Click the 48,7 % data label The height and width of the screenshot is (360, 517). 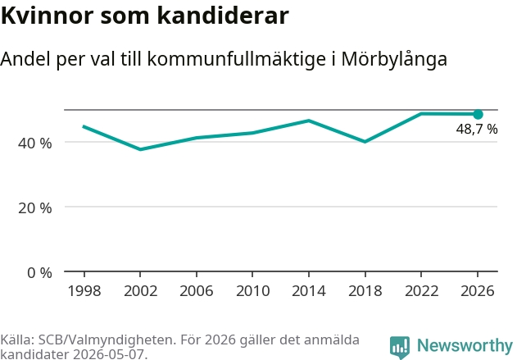pyautogui.click(x=477, y=129)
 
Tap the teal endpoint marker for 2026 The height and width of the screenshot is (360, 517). pyautogui.click(x=478, y=115)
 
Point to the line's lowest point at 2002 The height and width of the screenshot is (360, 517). pyautogui.click(x=140, y=149)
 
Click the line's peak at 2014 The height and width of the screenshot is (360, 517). pyautogui.click(x=309, y=121)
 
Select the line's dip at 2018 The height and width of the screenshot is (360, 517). pyautogui.click(x=365, y=142)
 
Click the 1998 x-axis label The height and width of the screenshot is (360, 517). pyautogui.click(x=84, y=291)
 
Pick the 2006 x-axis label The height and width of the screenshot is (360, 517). pyautogui.click(x=197, y=291)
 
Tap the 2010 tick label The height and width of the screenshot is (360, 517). pyautogui.click(x=253, y=291)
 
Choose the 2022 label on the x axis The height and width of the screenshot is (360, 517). pyautogui.click(x=421, y=291)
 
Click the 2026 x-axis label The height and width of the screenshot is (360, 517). pyautogui.click(x=478, y=291)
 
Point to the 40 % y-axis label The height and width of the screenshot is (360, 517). pyautogui.click(x=35, y=144)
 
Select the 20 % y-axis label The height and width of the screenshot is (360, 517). pyautogui.click(x=35, y=208)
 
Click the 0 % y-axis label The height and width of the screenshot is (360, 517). pyautogui.click(x=39, y=273)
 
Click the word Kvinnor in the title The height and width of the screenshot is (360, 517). pyautogui.click(x=48, y=16)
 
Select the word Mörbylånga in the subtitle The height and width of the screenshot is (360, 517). pyautogui.click(x=394, y=60)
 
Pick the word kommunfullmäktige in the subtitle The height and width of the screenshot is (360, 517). pyautogui.click(x=237, y=60)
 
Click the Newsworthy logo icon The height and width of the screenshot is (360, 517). pyautogui.click(x=400, y=347)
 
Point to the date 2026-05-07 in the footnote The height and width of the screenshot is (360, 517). pyautogui.click(x=108, y=354)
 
